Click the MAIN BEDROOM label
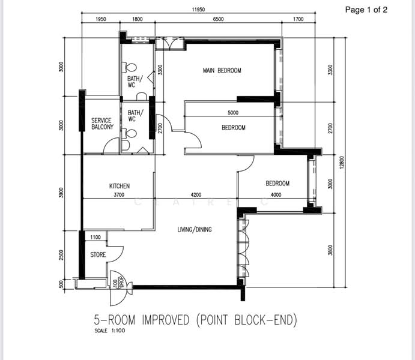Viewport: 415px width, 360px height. pos(222,71)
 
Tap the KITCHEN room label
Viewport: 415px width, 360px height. pos(120,186)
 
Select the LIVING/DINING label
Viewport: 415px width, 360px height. pos(195,229)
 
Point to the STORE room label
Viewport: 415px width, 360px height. pos(98,254)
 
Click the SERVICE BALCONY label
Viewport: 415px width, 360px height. pos(102,124)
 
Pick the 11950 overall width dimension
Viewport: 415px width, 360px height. pos(198,10)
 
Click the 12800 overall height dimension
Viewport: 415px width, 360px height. pos(342,162)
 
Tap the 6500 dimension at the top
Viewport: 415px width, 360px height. pos(219,19)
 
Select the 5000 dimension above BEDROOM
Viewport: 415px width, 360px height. pos(233,113)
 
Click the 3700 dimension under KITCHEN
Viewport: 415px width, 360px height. pos(119,195)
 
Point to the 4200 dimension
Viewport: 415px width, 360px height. pos(196,195)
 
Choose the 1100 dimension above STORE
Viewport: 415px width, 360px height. pos(95,237)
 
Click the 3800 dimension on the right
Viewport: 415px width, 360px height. pos(330,250)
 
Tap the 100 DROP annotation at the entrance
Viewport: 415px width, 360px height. pos(118,282)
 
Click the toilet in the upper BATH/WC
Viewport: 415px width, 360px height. pos(129,68)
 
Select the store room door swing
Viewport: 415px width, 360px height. pos(115,254)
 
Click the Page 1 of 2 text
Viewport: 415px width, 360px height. pos(366,10)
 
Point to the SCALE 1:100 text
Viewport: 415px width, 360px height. pos(109,331)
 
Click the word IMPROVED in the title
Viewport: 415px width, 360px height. pos(166,320)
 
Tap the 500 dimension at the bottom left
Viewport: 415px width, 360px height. pos(61,284)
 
